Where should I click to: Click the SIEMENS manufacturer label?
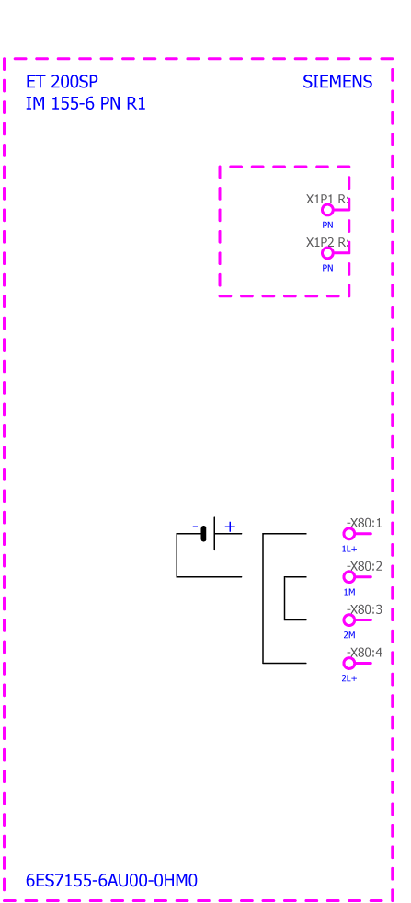coord(337,82)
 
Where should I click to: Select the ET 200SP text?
coord(62,82)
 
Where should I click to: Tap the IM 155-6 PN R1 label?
coord(86,104)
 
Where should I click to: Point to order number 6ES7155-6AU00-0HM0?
coord(111,881)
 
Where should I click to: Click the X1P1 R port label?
coord(328,199)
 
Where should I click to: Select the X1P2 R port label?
coord(328,242)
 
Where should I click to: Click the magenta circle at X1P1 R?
coord(327,210)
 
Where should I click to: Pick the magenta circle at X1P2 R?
coord(327,253)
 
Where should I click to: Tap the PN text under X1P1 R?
coord(327,226)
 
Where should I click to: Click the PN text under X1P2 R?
coord(327,269)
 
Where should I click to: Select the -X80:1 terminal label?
coord(364,524)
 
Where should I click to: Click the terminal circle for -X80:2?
coord(348,577)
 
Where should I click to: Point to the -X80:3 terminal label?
coord(364,610)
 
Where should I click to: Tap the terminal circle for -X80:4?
coord(348,664)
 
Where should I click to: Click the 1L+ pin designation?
coord(349,549)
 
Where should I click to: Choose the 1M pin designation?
coord(349,592)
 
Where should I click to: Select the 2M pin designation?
coord(349,635)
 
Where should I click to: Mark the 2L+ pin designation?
coord(349,678)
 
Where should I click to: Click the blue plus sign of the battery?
coord(230,527)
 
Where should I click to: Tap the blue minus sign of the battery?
coord(195,527)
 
